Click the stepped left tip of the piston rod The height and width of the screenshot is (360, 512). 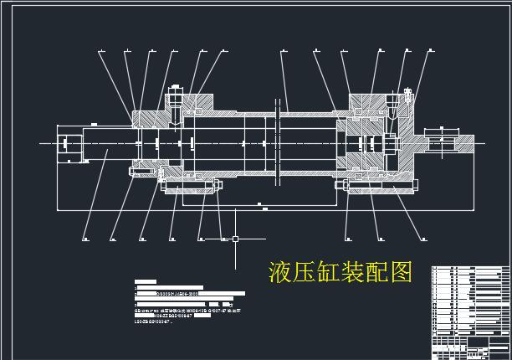point(69,144)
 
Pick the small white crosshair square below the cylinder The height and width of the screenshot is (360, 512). point(235,240)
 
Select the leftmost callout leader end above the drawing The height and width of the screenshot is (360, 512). point(100,53)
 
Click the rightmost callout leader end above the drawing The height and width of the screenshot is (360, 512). point(430,52)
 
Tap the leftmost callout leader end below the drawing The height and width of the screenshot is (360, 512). point(86,240)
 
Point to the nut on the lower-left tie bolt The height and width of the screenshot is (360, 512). point(134,173)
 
